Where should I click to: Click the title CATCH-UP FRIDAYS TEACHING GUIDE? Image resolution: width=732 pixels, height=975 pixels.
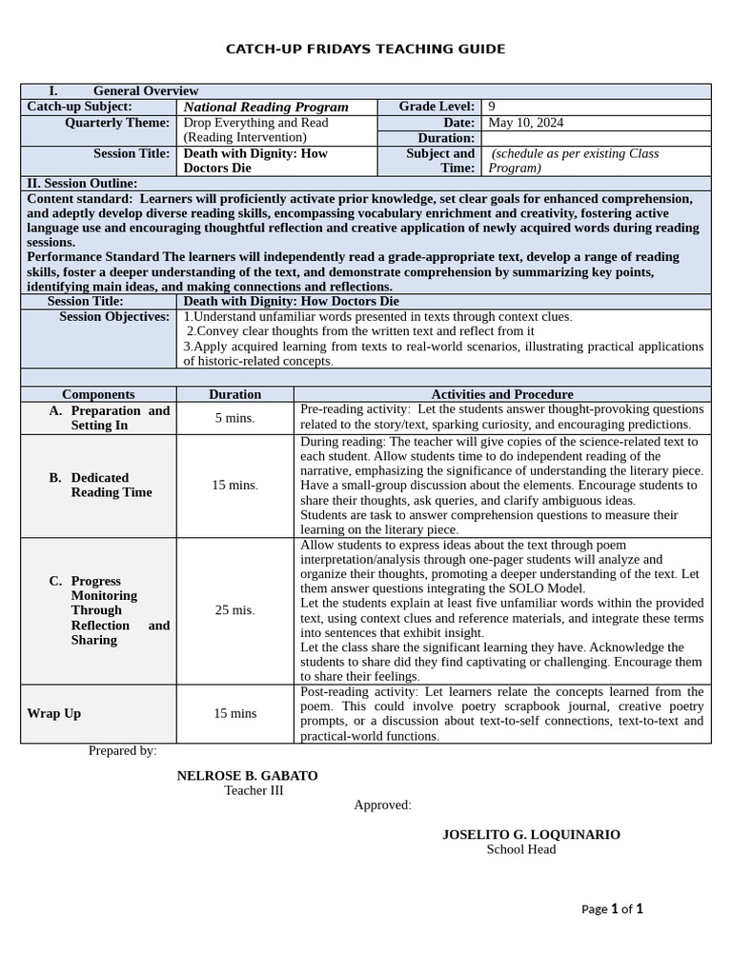[365, 50]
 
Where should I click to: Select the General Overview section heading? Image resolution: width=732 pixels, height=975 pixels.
[145, 91]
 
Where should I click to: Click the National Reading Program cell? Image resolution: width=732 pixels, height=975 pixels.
[266, 108]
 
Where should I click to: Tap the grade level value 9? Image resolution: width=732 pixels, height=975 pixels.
[492, 107]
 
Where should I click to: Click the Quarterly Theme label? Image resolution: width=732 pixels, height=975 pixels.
[117, 123]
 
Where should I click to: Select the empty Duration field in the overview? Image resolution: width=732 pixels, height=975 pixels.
[596, 138]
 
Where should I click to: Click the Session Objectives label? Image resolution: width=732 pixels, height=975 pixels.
[113, 316]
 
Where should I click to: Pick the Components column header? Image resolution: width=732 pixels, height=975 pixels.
[98, 394]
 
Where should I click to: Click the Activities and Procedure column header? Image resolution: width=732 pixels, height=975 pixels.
[501, 394]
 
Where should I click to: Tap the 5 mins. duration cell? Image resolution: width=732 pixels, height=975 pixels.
[234, 418]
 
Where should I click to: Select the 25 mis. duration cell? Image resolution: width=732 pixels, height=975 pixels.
[234, 610]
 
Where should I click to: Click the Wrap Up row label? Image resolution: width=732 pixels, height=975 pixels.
[53, 713]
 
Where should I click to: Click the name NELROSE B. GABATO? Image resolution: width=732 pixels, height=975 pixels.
[247, 776]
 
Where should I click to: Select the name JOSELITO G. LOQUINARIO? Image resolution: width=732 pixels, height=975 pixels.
[530, 835]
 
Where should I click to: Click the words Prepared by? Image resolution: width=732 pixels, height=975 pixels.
[123, 750]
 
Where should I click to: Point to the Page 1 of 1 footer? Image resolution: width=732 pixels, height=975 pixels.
[612, 909]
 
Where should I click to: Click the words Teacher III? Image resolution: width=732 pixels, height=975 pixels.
[254, 790]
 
